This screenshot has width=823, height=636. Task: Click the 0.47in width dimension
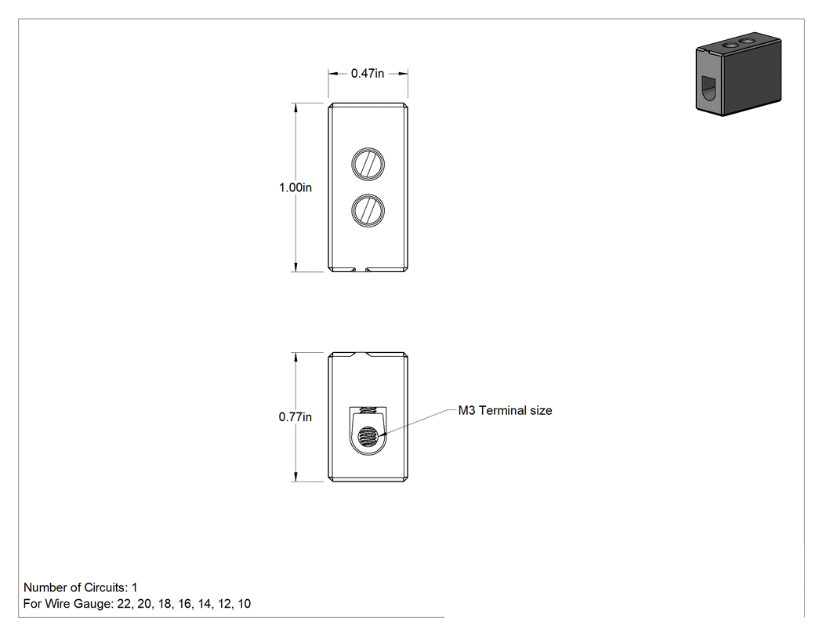(x=368, y=74)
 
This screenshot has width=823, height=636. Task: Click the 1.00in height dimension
(x=295, y=187)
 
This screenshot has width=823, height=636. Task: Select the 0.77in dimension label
(x=295, y=417)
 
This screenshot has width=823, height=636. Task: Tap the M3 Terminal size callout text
(x=505, y=411)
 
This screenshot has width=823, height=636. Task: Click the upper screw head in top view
(x=368, y=164)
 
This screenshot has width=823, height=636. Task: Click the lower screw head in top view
(x=368, y=211)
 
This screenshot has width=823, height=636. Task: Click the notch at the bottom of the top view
(x=360, y=270)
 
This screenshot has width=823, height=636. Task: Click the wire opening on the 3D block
(x=709, y=87)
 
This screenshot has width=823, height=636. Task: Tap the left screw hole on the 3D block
(x=730, y=46)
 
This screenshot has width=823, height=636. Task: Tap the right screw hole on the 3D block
(x=746, y=41)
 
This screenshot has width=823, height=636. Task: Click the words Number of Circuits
(x=74, y=587)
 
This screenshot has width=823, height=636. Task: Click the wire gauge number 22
(x=124, y=604)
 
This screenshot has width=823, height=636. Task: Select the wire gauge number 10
(x=244, y=604)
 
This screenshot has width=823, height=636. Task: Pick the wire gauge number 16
(x=184, y=604)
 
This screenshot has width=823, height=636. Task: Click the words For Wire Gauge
(x=67, y=604)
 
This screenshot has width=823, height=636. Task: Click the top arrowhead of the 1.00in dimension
(x=296, y=107)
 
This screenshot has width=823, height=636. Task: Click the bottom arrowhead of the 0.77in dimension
(x=296, y=477)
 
